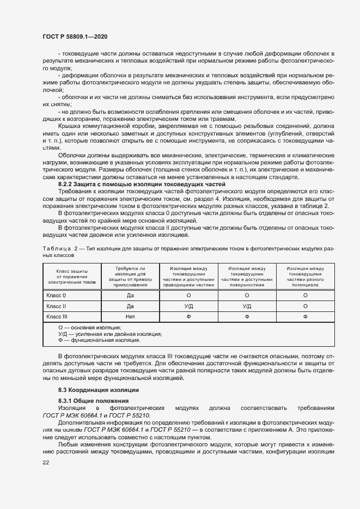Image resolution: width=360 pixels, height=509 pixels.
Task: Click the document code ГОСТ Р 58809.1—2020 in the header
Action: pos(75,36)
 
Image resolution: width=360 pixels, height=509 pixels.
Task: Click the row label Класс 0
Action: pos(56,296)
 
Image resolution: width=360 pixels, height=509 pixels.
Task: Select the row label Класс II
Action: pos(56,306)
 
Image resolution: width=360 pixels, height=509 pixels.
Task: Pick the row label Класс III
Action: pos(57,316)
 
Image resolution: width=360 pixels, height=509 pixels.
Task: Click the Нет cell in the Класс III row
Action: pos(130,316)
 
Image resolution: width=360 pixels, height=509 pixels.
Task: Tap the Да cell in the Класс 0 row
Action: pos(130,296)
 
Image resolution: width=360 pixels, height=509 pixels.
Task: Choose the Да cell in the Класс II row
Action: pos(130,306)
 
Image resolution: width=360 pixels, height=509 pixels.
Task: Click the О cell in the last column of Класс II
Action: pos(305,306)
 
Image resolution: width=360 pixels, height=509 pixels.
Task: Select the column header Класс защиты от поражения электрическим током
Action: pos(72,277)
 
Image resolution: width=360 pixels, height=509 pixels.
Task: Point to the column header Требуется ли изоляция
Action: pos(130,277)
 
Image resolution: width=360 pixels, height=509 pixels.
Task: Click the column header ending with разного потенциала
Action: pos(305,277)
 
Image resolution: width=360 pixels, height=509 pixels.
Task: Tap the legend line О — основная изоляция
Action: pos(89,328)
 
